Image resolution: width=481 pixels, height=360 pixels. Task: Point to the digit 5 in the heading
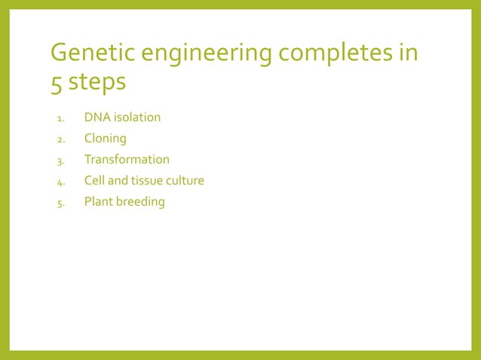(x=57, y=82)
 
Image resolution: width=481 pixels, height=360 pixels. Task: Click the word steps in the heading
(x=97, y=82)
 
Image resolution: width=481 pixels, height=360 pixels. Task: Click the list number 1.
(x=60, y=118)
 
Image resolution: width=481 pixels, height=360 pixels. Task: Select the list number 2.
(x=60, y=139)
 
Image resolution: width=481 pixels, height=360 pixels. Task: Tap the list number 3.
(x=60, y=160)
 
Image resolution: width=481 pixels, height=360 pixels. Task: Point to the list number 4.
(x=60, y=182)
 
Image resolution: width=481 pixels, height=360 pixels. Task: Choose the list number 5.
(x=60, y=203)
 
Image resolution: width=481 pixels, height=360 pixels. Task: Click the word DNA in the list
(x=97, y=117)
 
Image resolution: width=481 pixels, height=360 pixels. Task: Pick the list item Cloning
(x=105, y=139)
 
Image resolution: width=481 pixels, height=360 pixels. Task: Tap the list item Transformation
(x=127, y=160)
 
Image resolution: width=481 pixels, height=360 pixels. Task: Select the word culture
(x=186, y=181)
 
